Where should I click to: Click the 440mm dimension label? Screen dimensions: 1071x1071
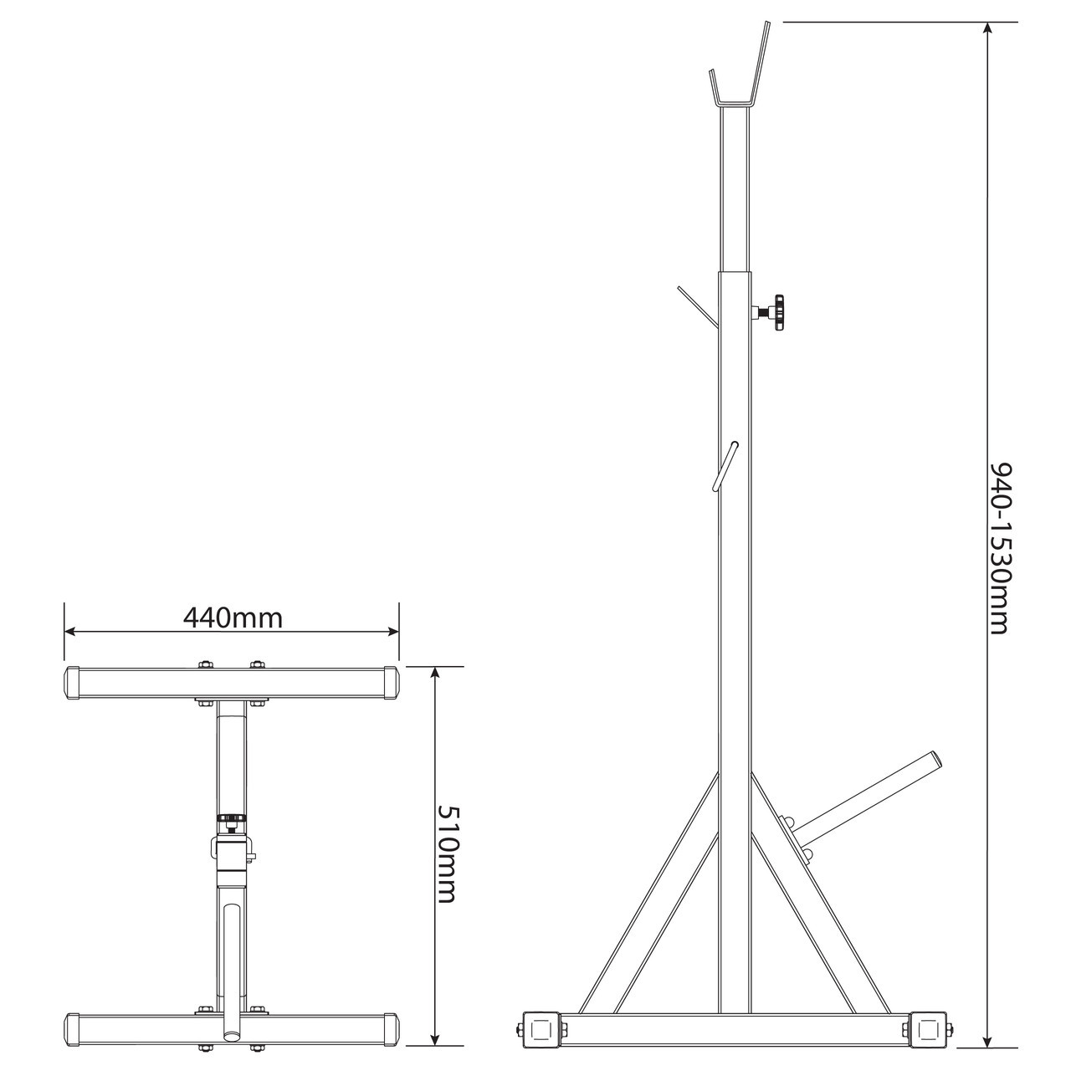(x=233, y=617)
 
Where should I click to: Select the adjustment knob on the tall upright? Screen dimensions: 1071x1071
(x=770, y=312)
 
